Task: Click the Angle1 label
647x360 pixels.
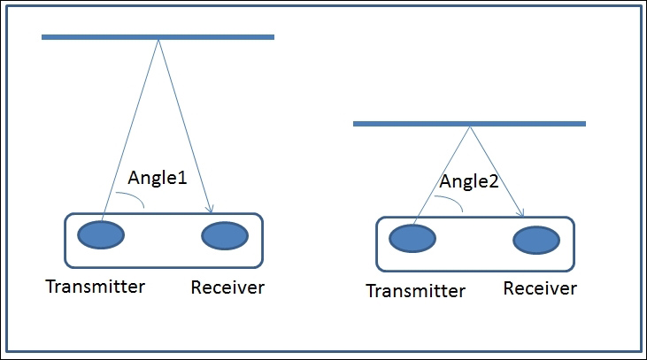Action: [x=158, y=178]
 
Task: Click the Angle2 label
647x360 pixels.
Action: [x=469, y=181]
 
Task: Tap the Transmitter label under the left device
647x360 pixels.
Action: [x=96, y=287]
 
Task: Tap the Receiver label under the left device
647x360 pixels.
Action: [x=227, y=287]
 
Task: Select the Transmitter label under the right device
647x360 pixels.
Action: [x=415, y=291]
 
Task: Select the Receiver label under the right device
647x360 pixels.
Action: [x=540, y=288]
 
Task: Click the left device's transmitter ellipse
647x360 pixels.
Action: [x=101, y=234]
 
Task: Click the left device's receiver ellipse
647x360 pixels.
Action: [x=225, y=236]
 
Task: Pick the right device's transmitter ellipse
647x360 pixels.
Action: [x=412, y=238]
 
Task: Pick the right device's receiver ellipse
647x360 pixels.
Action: [x=536, y=240]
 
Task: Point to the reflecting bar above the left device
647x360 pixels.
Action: [x=158, y=37]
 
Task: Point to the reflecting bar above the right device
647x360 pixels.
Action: [x=470, y=124]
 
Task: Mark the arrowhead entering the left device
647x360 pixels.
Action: [x=210, y=209]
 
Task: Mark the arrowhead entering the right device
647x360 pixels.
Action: [x=520, y=213]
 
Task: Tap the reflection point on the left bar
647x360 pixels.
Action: [x=158, y=40]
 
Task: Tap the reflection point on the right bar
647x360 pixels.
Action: [x=470, y=126]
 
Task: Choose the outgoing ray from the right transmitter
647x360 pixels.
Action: [x=441, y=176]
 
